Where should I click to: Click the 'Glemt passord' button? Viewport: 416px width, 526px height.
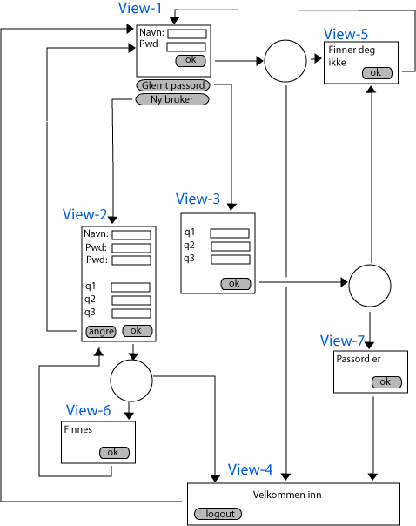tap(173, 85)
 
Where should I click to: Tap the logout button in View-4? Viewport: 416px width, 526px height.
tap(218, 514)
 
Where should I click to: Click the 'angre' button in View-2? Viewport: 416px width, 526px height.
tap(101, 332)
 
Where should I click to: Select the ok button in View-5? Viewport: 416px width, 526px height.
tap(377, 73)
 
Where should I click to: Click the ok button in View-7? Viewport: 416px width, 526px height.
tap(386, 381)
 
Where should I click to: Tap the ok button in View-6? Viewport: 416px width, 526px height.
tap(114, 453)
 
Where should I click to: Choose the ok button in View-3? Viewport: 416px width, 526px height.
tap(236, 283)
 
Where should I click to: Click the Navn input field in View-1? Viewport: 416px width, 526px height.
tap(187, 34)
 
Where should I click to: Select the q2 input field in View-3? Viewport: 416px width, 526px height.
tap(231, 246)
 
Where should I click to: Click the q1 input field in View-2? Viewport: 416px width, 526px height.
tap(131, 287)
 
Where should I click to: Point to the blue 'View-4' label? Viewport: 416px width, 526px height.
tap(250, 469)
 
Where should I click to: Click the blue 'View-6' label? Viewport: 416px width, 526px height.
tap(88, 410)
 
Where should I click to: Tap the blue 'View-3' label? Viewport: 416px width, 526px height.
tap(198, 199)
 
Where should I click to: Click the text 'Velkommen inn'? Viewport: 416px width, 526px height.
tap(287, 495)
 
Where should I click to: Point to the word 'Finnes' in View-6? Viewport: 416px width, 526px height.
tap(77, 429)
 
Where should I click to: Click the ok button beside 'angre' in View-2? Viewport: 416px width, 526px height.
tap(138, 331)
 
